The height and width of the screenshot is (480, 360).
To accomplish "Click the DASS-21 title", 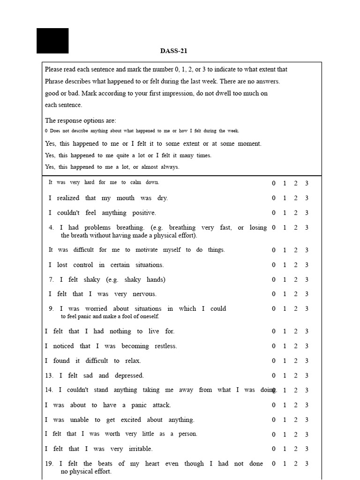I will coord(173,51).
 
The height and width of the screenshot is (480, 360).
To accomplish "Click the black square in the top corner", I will coord(52,41).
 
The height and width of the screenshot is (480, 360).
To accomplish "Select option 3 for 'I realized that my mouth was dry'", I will coord(307,198).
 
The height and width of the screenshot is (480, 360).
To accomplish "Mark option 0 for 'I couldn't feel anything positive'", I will coord(274,213).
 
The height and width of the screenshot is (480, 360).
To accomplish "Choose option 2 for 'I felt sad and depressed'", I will coord(295,375).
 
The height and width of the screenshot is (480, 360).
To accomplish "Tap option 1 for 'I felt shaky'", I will coord(285,280).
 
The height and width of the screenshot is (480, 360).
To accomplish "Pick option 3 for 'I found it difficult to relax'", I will coord(307,361).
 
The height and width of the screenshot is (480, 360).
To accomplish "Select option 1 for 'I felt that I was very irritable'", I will coord(285,449).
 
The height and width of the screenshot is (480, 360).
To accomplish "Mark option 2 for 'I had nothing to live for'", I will coord(295,331).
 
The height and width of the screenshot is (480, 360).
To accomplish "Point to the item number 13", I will coord(49,375).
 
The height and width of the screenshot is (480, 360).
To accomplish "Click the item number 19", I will coord(49,464).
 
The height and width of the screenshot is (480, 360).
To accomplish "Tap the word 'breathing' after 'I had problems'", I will coord(124,227).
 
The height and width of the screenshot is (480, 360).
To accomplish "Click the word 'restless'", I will coord(163,346).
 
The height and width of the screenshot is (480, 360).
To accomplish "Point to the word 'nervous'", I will coord(142,294).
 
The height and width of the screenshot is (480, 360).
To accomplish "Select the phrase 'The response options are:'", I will coord(80,120).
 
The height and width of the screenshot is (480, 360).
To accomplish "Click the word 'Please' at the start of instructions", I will coord(53,69).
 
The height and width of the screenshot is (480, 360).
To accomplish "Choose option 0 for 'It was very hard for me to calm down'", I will coord(274,183).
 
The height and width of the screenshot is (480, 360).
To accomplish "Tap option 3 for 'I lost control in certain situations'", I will coord(307,265).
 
